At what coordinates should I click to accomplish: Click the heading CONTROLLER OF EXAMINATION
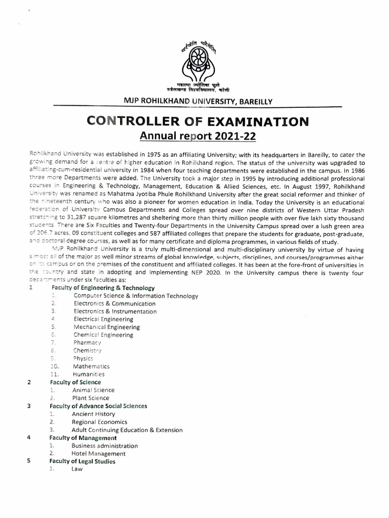(198, 121)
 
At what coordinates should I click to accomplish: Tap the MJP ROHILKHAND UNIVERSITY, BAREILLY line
(198, 101)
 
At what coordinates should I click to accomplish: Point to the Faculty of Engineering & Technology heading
(102, 288)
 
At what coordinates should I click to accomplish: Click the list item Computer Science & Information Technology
(136, 296)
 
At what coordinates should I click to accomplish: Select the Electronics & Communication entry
(114, 304)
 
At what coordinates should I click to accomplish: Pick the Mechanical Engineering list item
(106, 327)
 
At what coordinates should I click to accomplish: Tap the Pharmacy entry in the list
(87, 343)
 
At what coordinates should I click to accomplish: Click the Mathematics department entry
(91, 366)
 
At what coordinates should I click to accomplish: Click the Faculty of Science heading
(75, 382)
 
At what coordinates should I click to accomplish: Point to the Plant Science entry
(91, 398)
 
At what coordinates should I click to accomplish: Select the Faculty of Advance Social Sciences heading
(98, 406)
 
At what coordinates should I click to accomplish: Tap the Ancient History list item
(93, 414)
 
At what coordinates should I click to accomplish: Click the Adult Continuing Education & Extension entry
(127, 430)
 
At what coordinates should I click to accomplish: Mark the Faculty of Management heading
(83, 438)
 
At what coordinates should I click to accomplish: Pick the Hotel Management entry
(98, 454)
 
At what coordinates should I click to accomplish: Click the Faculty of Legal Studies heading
(82, 461)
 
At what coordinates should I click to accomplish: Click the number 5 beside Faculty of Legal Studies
(29, 461)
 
